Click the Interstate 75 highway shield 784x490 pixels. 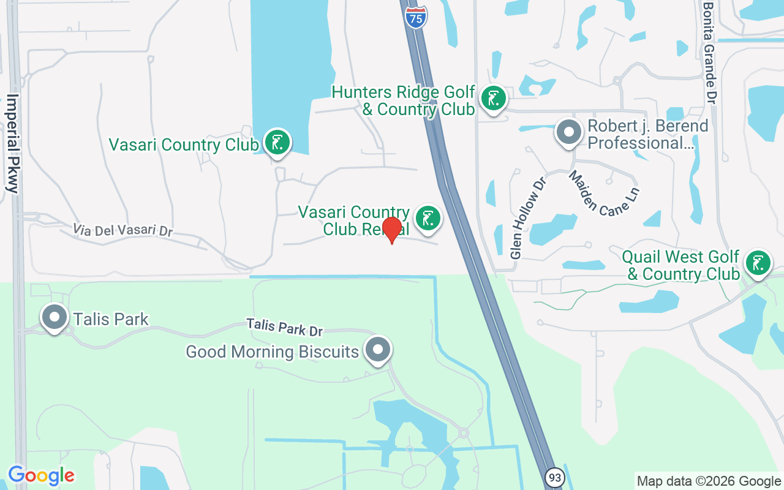[x=416, y=17]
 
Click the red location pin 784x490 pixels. [x=391, y=230]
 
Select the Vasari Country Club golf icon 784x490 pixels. [x=277, y=143]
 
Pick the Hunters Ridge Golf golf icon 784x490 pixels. [x=493, y=99]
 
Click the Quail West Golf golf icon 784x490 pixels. [x=758, y=263]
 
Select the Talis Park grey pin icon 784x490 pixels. [x=55, y=318]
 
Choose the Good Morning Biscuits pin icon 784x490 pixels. [x=378, y=350]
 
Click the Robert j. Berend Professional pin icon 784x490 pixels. [x=569, y=132]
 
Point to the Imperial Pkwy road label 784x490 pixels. [x=13, y=143]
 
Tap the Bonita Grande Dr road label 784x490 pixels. [x=709, y=51]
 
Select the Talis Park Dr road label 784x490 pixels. [x=284, y=326]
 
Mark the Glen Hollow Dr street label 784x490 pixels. [x=527, y=217]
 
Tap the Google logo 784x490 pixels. [x=41, y=475]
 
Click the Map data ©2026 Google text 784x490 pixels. [x=708, y=481]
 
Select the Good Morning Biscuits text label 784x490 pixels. [x=272, y=352]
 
